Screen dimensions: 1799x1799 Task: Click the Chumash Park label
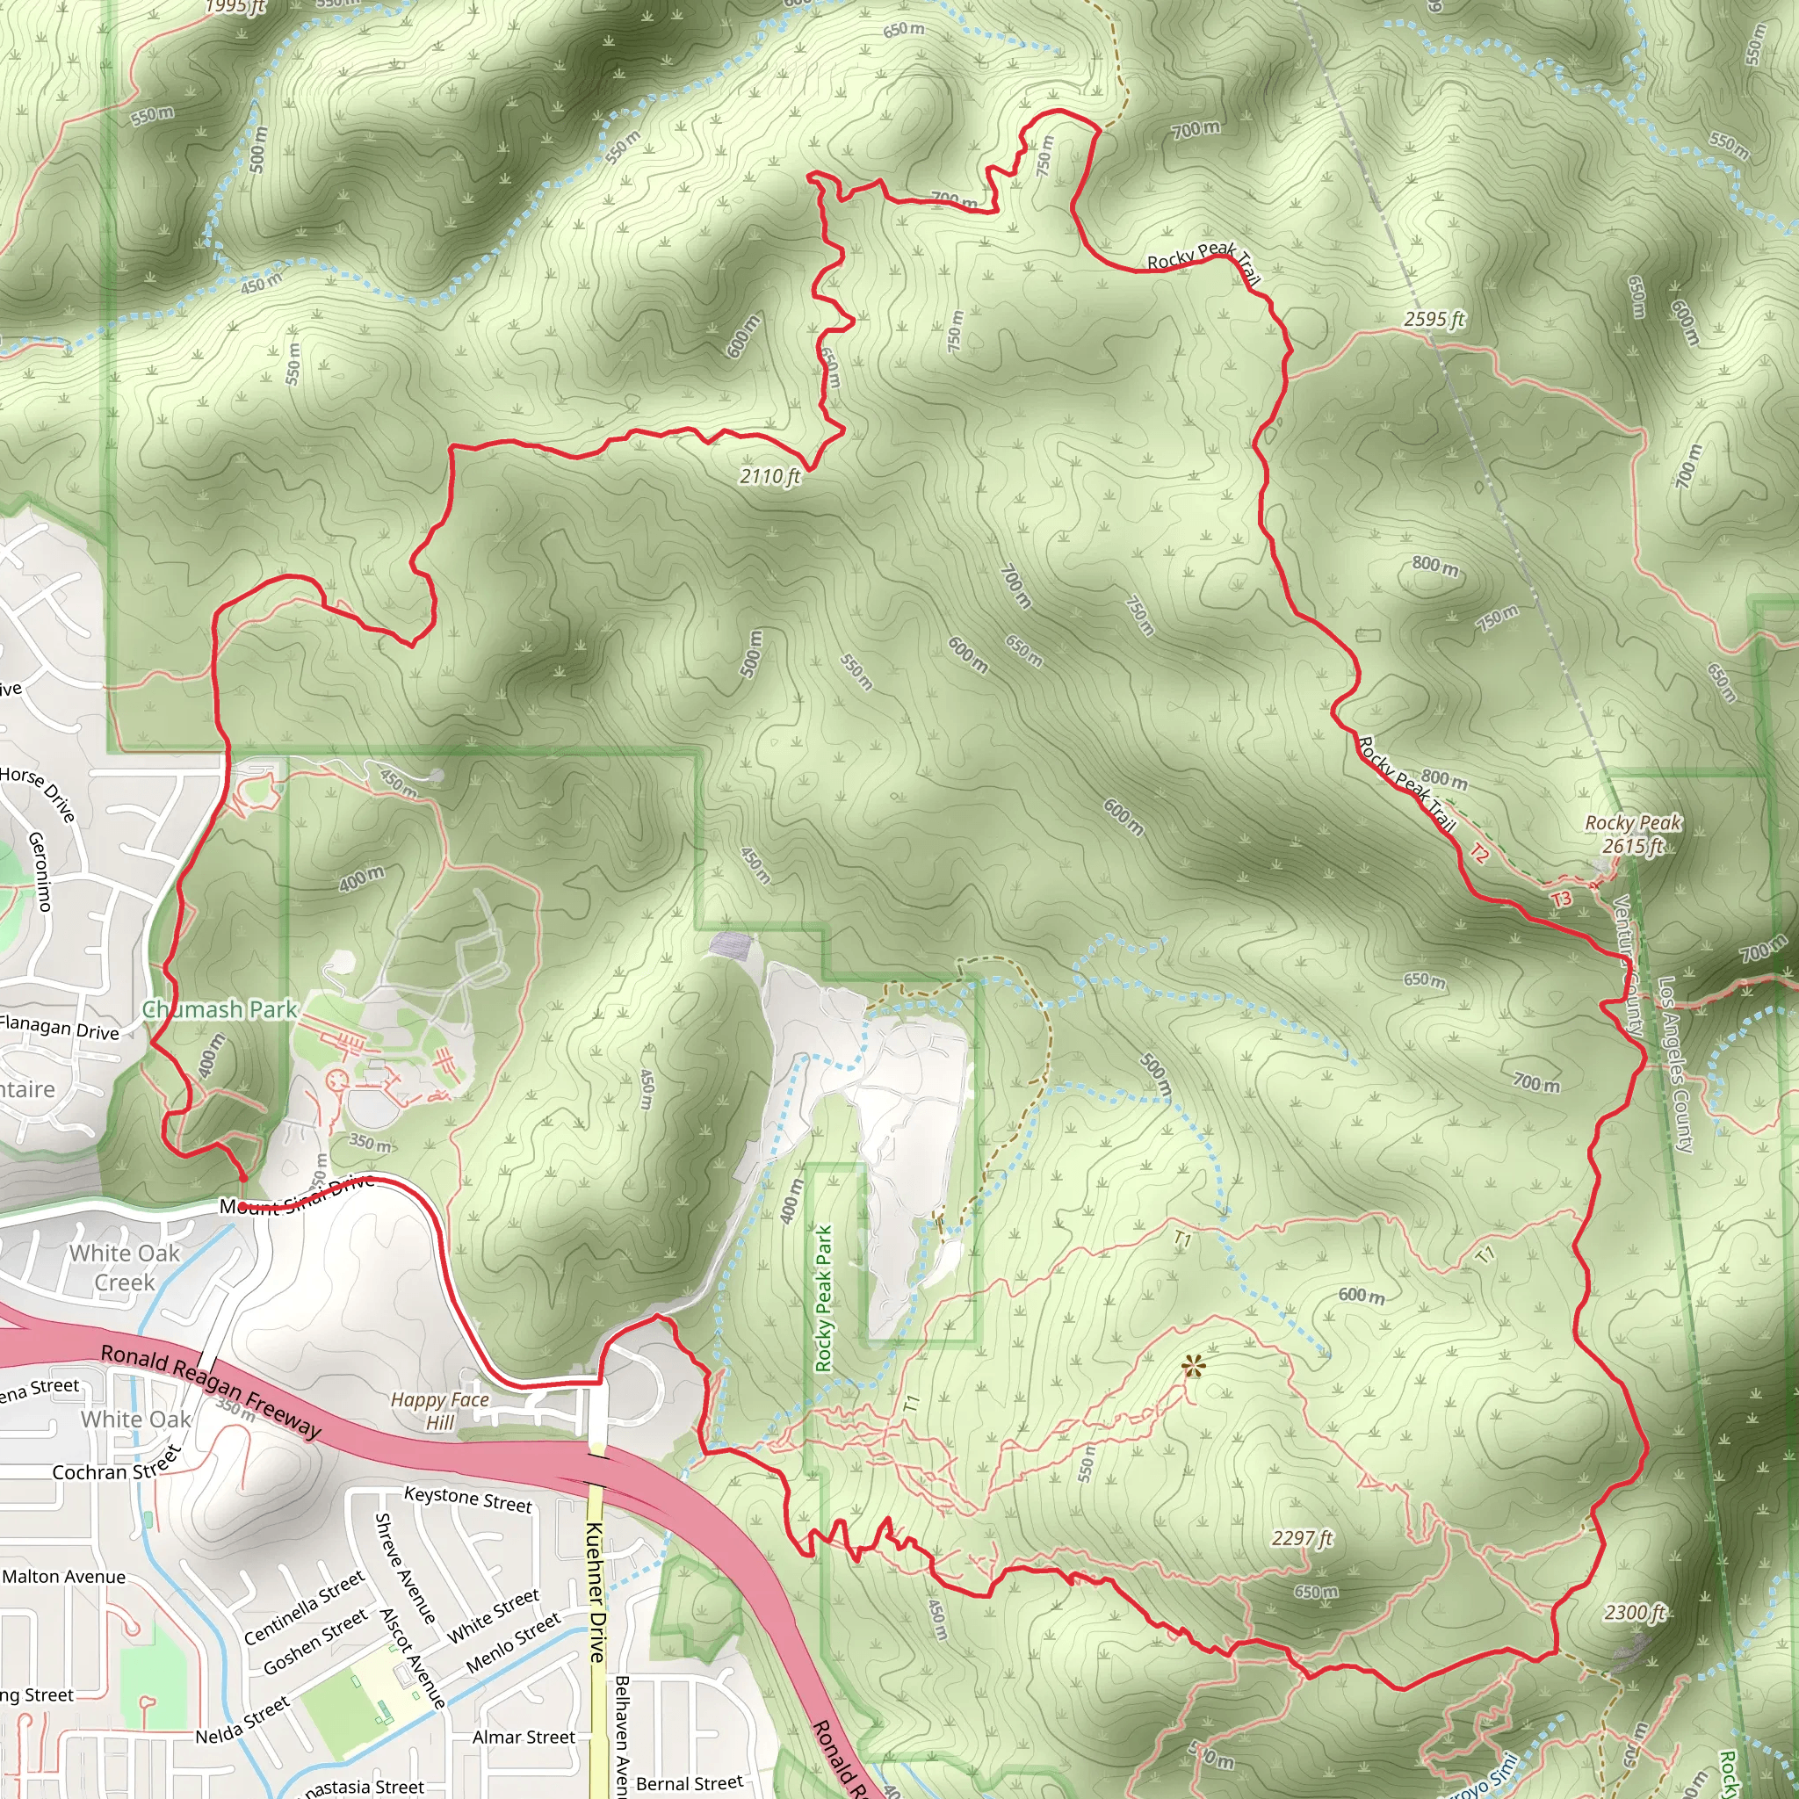click(220, 1009)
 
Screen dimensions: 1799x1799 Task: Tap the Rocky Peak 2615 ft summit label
click(1633, 834)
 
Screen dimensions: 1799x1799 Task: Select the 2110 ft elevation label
click(770, 477)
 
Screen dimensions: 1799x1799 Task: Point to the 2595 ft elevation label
click(1434, 320)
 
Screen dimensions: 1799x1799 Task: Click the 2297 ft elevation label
click(1302, 1538)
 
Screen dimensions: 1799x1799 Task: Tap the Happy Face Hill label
click(439, 1411)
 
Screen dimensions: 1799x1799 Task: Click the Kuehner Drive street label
click(596, 1593)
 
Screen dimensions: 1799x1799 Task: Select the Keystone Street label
click(467, 1499)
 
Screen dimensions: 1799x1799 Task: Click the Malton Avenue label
click(63, 1577)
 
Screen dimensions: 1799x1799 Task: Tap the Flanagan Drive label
click(60, 1028)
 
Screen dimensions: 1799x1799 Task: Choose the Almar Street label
click(524, 1738)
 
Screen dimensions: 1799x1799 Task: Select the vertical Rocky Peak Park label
click(824, 1299)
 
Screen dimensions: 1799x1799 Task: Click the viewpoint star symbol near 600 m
click(1193, 1367)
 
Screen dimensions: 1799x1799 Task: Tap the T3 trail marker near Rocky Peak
click(1562, 899)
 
